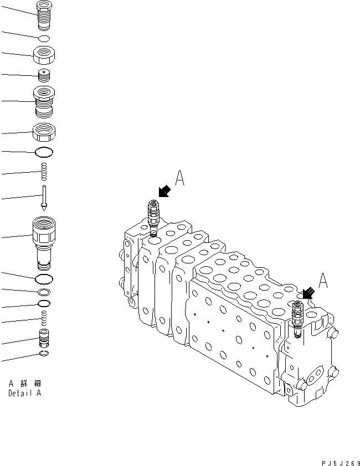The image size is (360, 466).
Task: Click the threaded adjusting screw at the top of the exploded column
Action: (x=44, y=16)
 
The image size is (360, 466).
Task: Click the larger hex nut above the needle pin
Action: (x=44, y=132)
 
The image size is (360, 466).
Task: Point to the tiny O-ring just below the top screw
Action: (x=44, y=38)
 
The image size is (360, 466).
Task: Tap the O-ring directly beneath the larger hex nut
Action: (x=44, y=152)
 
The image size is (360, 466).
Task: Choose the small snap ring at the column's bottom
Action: (x=44, y=354)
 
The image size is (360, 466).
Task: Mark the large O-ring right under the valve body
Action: (x=44, y=278)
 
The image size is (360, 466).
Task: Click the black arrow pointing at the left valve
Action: (x=163, y=192)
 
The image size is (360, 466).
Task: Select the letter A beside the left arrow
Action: (x=180, y=178)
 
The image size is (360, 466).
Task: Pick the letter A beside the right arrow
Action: (x=323, y=280)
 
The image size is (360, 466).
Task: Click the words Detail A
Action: (x=24, y=393)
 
